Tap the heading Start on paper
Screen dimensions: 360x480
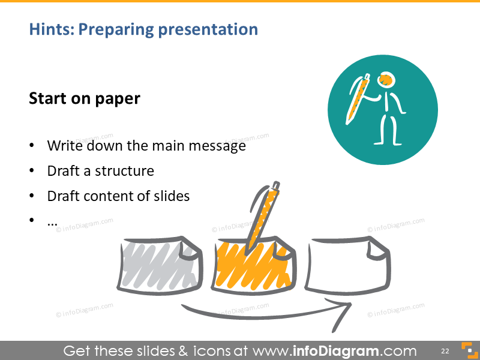[x=84, y=98]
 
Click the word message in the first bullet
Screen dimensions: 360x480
[x=217, y=146]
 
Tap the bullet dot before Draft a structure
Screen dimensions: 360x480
[x=32, y=172]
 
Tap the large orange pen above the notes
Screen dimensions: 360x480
[x=264, y=213]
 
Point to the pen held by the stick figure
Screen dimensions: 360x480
[x=360, y=99]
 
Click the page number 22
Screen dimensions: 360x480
[x=445, y=350]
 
